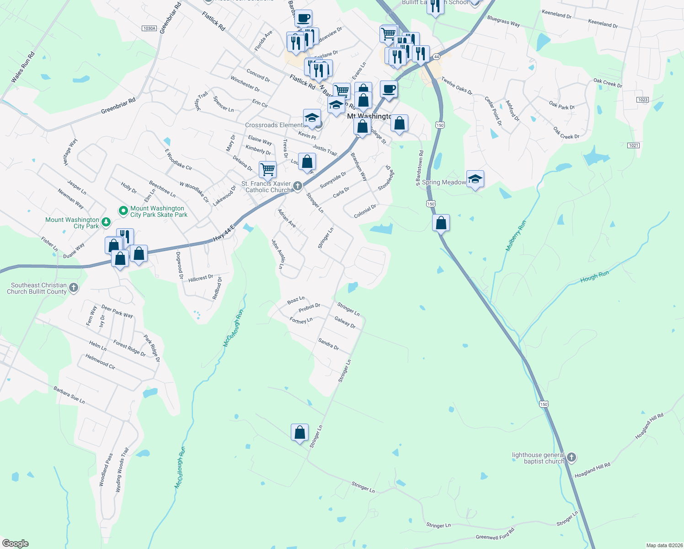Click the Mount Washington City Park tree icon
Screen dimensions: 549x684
(x=106, y=222)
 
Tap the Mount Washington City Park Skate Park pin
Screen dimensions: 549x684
(x=123, y=211)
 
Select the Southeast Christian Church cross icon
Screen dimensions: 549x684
(x=74, y=288)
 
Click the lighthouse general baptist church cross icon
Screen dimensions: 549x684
(x=571, y=457)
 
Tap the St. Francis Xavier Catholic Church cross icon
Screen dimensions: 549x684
(x=298, y=186)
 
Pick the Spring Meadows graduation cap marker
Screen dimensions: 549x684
(x=475, y=179)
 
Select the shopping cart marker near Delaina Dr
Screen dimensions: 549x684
(x=267, y=170)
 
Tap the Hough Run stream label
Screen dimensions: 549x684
(x=594, y=277)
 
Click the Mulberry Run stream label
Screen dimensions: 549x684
(x=516, y=236)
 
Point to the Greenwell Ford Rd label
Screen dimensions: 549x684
(x=495, y=534)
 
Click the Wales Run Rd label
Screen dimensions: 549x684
(x=23, y=68)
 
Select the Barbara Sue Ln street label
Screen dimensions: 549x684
(x=69, y=395)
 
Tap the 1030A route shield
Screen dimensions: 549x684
(x=149, y=28)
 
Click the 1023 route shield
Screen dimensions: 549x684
(x=642, y=100)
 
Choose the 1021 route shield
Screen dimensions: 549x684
(x=633, y=145)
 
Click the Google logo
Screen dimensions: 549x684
(x=16, y=544)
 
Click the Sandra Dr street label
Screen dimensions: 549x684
(x=328, y=344)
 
